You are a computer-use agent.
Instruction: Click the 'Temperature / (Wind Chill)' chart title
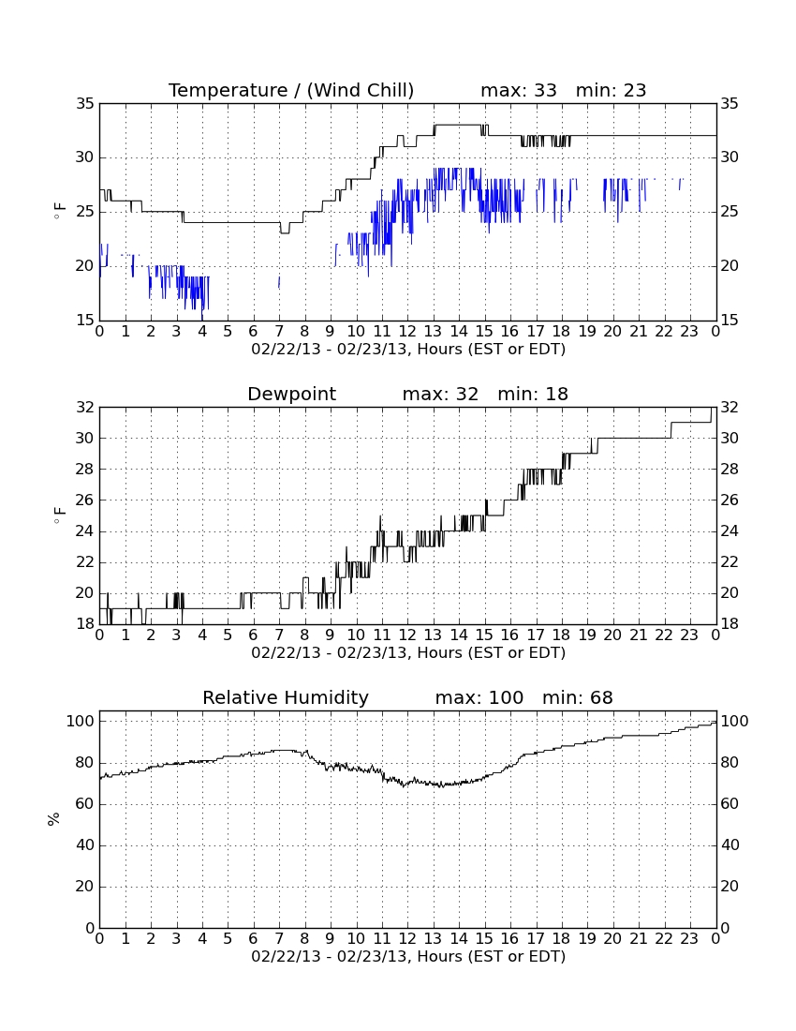pos(291,90)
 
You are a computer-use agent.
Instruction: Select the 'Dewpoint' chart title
pos(291,394)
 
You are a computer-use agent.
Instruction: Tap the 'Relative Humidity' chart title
pos(286,697)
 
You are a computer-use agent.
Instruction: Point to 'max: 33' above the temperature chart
pos(519,90)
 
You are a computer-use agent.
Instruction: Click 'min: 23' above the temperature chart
pos(611,90)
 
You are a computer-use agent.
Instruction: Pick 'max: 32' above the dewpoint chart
pos(440,394)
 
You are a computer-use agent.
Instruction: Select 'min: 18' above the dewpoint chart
pos(533,394)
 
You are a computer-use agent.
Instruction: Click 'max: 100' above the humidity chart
pos(479,697)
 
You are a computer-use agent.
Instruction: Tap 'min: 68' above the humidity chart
pos(577,697)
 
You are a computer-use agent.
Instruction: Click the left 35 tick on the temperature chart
pos(85,104)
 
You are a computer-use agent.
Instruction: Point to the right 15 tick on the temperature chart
pos(730,321)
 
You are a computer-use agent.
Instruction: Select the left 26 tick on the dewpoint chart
pos(85,501)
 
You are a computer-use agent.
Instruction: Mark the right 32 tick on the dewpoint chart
pos(730,408)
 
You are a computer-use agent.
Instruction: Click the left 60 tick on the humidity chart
pos(85,804)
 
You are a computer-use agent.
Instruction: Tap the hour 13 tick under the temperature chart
pos(433,332)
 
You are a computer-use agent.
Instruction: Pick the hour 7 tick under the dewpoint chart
pos(279,635)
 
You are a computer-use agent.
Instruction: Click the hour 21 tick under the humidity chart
pos(639,939)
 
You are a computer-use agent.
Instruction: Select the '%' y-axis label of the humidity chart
pos(54,819)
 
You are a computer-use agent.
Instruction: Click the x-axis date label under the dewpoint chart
pos(408,653)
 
